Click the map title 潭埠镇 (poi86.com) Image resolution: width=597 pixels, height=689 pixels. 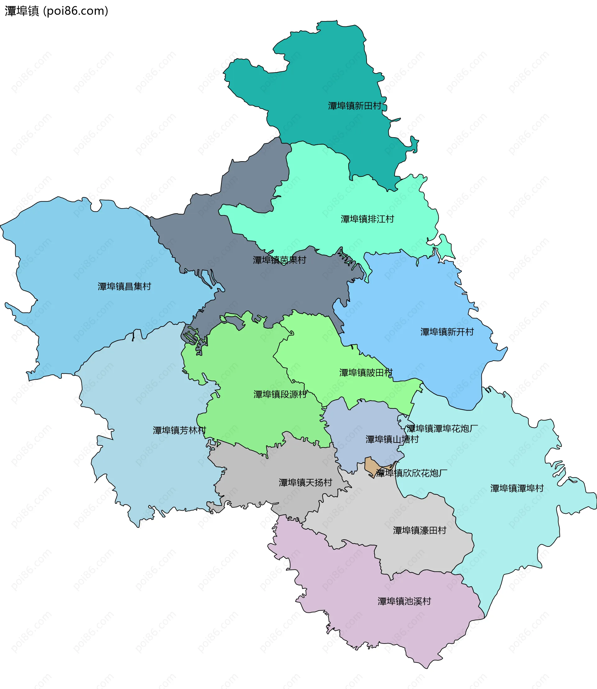tap(56, 11)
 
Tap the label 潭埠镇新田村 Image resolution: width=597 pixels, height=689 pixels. tap(354, 106)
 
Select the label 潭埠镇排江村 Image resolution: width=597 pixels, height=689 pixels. tap(367, 219)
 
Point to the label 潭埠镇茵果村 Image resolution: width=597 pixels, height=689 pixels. tap(279, 260)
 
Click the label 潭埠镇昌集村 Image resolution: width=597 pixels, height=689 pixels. tap(124, 287)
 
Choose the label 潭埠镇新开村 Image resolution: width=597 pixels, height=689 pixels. tap(447, 332)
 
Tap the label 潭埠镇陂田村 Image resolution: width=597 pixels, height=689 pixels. tap(366, 373)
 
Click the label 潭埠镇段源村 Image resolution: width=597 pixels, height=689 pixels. tap(280, 394)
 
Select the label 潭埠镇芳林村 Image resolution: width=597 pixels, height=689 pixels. tap(179, 430)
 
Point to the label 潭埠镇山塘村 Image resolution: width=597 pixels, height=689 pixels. tap(392, 439)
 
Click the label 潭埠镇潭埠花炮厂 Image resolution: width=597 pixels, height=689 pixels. tap(442, 429)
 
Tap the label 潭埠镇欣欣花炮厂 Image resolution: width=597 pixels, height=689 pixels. tap(412, 473)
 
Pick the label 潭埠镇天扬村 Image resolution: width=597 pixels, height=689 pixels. tap(305, 482)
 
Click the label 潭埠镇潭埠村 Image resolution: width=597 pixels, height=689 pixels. tap(517, 488)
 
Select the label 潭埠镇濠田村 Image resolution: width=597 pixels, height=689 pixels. tap(419, 530)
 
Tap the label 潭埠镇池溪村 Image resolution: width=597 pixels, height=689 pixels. tap(404, 601)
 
